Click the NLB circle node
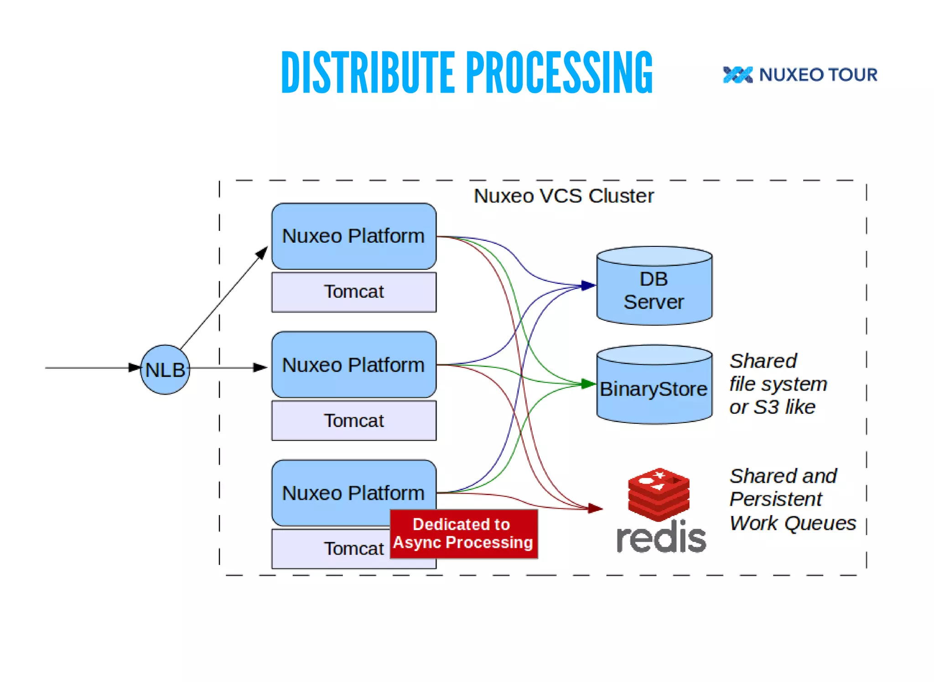tap(165, 370)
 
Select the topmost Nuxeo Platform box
tap(353, 236)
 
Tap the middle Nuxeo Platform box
tap(353, 364)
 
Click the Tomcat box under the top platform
tap(353, 292)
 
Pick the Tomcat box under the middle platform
tap(353, 421)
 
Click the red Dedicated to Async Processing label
tap(463, 534)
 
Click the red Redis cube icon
tap(659, 495)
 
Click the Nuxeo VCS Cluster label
tap(564, 196)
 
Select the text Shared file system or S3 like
tap(778, 384)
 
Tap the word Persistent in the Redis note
tap(776, 499)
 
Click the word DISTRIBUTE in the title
tap(368, 73)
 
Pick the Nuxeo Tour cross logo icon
tap(737, 75)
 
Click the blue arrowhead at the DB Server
tap(589, 286)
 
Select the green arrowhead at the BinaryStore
tap(589, 384)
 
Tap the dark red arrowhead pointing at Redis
tap(595, 508)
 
